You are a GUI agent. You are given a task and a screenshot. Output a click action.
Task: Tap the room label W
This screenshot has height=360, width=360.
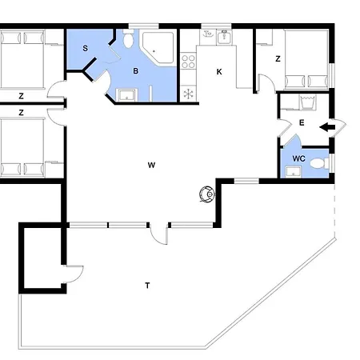(151, 166)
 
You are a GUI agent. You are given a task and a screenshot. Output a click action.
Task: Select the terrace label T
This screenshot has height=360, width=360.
(147, 286)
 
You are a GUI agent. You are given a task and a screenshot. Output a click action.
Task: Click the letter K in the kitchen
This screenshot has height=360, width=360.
(219, 72)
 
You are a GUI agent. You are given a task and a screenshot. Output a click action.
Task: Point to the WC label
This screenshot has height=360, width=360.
(298, 158)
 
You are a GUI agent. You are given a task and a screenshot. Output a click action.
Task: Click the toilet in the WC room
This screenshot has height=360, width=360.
(320, 163)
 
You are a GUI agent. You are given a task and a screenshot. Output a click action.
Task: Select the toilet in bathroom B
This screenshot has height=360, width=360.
(129, 38)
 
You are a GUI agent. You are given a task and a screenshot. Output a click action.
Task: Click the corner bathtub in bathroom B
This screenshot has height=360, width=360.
(158, 47)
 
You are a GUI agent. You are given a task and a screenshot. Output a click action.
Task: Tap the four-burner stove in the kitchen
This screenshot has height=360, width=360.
(188, 61)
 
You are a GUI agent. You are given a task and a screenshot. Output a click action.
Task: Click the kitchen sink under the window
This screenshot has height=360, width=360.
(224, 37)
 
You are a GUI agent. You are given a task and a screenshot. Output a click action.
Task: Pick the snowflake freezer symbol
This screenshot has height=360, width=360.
(188, 94)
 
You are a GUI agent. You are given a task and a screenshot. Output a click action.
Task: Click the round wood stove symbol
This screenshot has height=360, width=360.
(207, 194)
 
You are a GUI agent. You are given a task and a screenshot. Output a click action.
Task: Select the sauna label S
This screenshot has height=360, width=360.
(86, 48)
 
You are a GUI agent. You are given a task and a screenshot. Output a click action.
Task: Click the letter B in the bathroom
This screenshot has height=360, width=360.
(136, 71)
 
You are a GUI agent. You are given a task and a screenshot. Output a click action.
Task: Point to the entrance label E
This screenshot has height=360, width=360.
(302, 122)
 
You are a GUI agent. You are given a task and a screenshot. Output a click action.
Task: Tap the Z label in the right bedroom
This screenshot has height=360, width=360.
(278, 58)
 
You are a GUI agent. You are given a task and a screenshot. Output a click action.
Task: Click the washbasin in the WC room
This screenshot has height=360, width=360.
(294, 171)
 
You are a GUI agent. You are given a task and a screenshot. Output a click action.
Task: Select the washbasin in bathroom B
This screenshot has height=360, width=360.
(126, 95)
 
